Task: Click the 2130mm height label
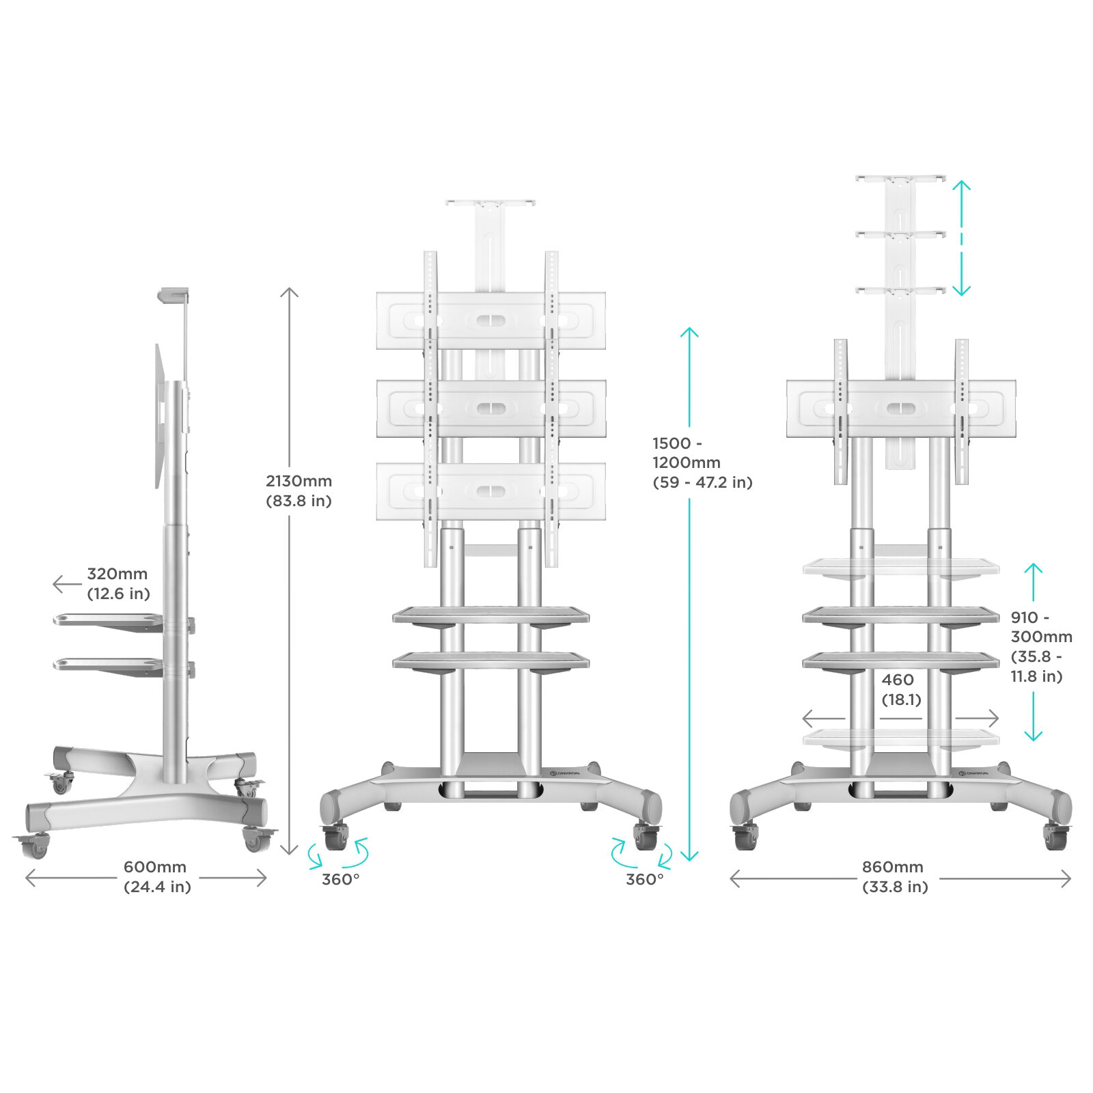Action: (x=299, y=490)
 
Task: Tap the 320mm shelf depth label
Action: (x=118, y=583)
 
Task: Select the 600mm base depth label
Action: (x=156, y=876)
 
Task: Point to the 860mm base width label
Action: (x=894, y=876)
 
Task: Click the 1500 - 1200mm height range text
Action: (x=702, y=462)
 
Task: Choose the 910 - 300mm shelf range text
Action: (x=1042, y=646)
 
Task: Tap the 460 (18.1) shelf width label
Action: (x=901, y=689)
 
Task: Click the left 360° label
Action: (x=340, y=878)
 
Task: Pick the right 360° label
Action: (x=645, y=878)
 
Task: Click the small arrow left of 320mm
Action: (x=66, y=584)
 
